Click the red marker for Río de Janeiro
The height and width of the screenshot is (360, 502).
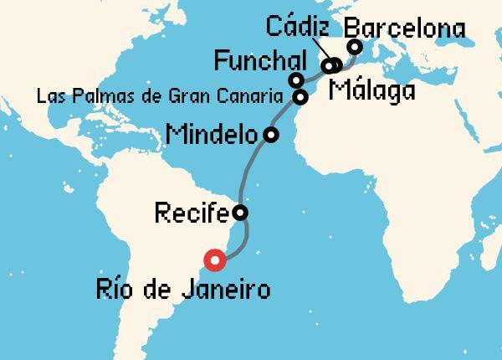point(216,260)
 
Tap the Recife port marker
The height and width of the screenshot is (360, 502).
point(240,213)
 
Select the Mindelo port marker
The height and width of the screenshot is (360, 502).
point(270,134)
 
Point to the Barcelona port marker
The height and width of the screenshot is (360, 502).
point(354,47)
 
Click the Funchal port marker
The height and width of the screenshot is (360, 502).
point(295,80)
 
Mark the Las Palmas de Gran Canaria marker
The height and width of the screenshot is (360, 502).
point(300,97)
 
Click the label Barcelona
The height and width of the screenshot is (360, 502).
point(404,28)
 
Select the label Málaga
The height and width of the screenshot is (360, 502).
point(372,90)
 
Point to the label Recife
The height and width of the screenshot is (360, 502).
point(192,213)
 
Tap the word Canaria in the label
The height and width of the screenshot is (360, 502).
point(256,97)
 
